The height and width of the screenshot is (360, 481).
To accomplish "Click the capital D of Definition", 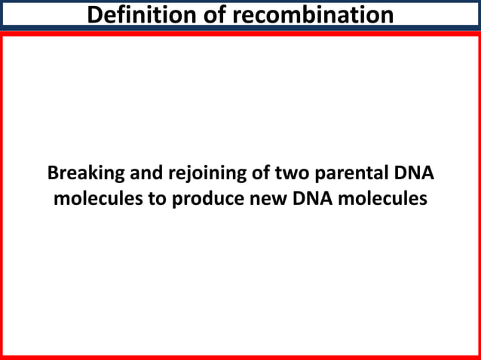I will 94,14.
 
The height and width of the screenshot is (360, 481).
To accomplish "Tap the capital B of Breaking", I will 53,173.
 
